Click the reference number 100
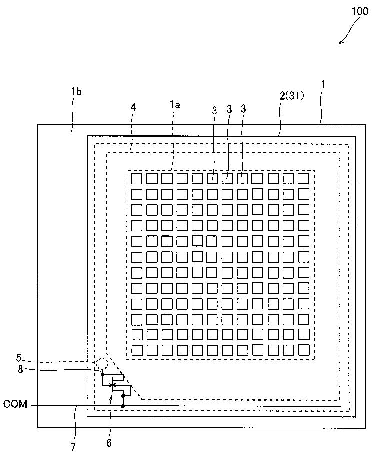360,11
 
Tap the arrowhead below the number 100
341,42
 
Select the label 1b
77,92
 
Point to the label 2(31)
292,96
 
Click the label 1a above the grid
175,105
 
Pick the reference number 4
133,108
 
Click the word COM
15,404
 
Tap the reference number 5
19,357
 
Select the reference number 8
20,370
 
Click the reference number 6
109,443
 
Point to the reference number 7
73,447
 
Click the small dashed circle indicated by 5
102,363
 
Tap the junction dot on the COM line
123,406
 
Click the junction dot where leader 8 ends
102,375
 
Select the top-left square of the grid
136,178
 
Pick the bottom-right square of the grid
304,350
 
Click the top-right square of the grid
303,178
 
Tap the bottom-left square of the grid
137,350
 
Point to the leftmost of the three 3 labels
214,111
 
